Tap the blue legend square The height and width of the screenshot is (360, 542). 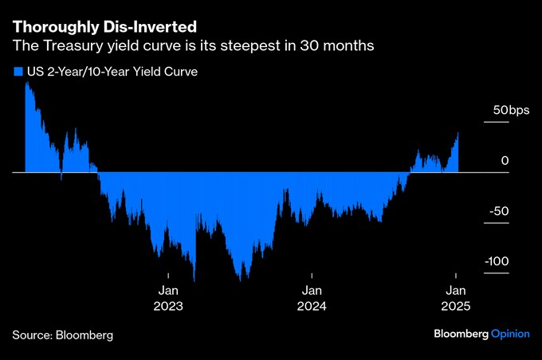pyautogui.click(x=18, y=72)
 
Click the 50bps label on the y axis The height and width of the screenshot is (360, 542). pyautogui.click(x=510, y=110)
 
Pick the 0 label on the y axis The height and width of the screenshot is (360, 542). pyautogui.click(x=505, y=161)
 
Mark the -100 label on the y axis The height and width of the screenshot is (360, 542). pyautogui.click(x=496, y=262)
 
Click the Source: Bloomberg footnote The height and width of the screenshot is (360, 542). pyautogui.click(x=63, y=335)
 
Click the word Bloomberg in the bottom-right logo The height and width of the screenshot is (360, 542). pyautogui.click(x=460, y=334)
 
